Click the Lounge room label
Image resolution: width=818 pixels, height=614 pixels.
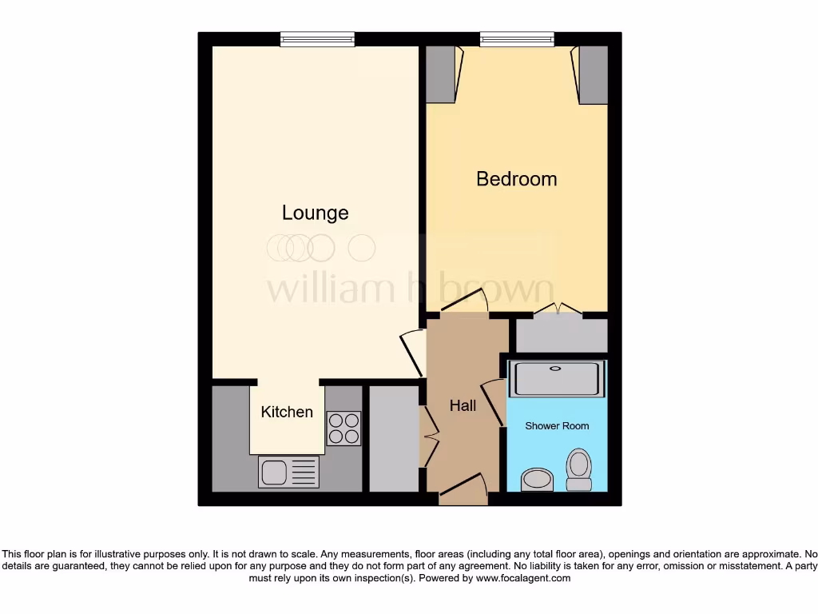[x=316, y=213]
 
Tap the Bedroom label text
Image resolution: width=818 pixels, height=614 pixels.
[x=516, y=178]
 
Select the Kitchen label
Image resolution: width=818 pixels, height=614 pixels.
[x=287, y=412]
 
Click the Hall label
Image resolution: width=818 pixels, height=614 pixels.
[x=463, y=405]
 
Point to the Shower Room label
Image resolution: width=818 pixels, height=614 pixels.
[x=557, y=426]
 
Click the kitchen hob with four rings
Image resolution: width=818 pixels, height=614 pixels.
[x=343, y=427]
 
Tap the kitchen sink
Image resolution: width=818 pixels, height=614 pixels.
[x=288, y=472]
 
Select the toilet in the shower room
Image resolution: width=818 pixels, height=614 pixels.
[x=578, y=468]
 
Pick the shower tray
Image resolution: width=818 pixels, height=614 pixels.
[x=557, y=379]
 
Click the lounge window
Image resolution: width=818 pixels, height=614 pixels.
[x=317, y=38]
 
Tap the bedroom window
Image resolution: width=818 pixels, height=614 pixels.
[x=516, y=38]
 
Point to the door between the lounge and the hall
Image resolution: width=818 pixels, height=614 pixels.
[x=411, y=352]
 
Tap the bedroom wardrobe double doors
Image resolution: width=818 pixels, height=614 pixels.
[x=558, y=309]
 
